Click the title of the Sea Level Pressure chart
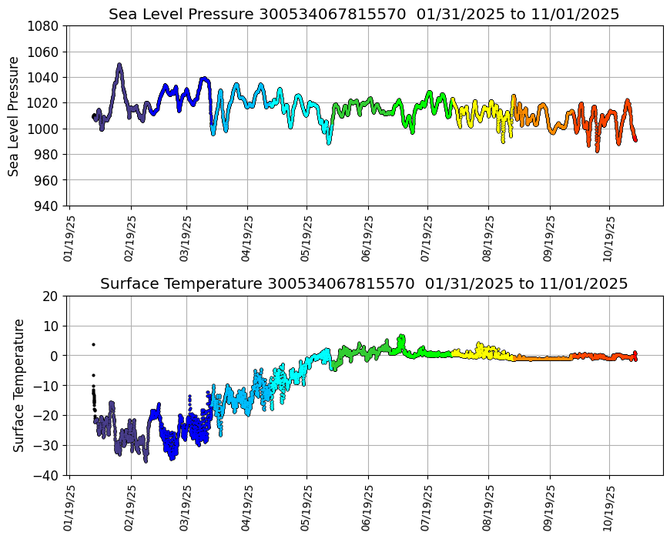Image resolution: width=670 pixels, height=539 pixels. click(x=363, y=14)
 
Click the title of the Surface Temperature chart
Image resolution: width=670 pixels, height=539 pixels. click(x=363, y=283)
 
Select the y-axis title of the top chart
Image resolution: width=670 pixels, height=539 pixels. click(x=14, y=115)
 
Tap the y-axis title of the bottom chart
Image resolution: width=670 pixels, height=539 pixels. click(x=19, y=385)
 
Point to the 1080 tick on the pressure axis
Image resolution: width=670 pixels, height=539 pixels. click(x=44, y=25)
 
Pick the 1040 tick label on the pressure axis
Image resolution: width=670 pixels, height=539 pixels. click(x=44, y=77)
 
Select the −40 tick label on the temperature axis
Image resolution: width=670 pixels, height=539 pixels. click(x=47, y=475)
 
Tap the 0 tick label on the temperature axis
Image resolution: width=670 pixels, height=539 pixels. click(x=55, y=356)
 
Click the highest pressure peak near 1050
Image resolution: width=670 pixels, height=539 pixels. click(x=119, y=65)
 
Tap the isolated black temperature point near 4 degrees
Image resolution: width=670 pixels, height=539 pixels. click(x=93, y=344)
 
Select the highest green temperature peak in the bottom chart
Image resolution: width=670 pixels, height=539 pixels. click(x=401, y=336)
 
